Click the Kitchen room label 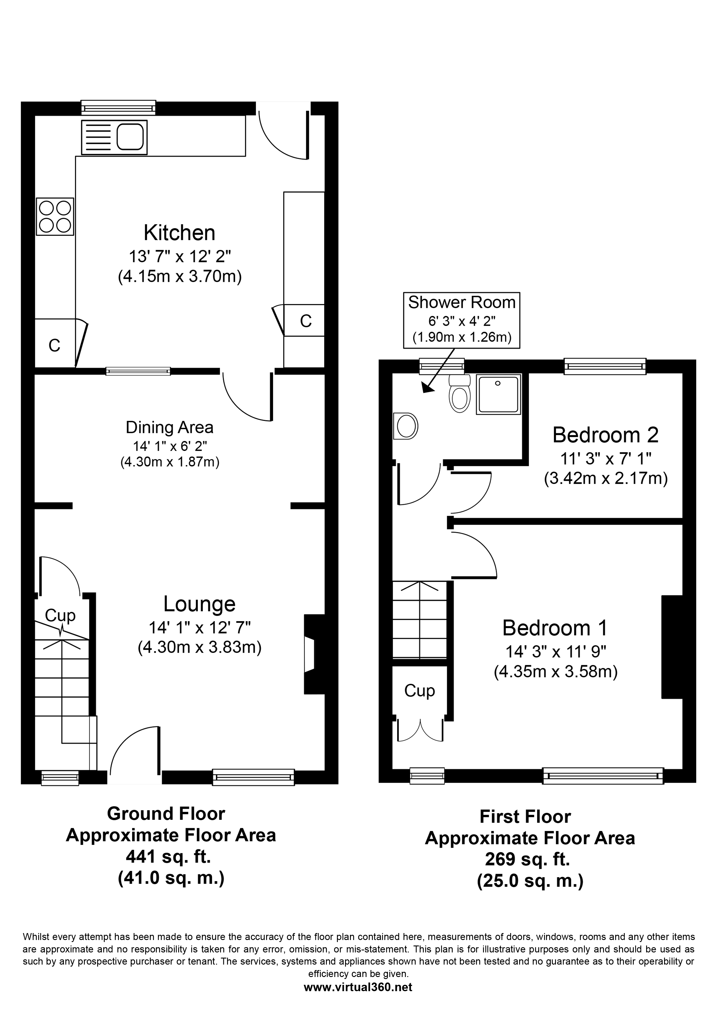(179, 233)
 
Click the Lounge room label (199, 604)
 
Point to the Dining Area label (170, 427)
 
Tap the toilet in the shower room (460, 393)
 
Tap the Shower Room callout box (462, 320)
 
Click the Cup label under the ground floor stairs (60, 615)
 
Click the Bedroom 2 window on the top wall (605, 366)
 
